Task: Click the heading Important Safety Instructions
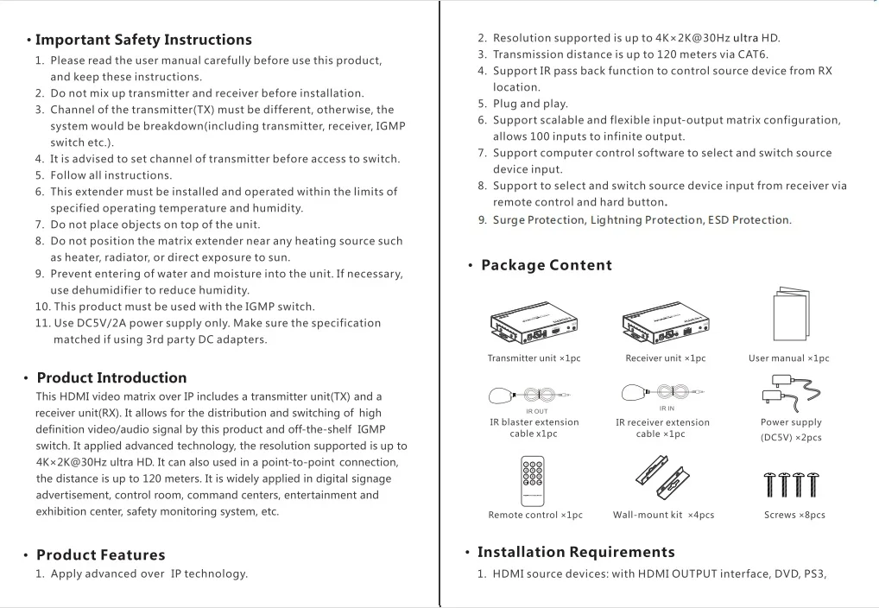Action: [x=143, y=40]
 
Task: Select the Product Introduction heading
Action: [x=111, y=377]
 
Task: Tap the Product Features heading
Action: [x=100, y=554]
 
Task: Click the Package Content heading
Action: [x=546, y=265]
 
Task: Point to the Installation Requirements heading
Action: [x=576, y=552]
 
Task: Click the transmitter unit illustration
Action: [x=532, y=321]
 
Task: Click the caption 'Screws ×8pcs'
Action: [x=794, y=515]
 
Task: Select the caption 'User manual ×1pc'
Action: [x=788, y=358]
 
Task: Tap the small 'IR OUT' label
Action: [x=536, y=411]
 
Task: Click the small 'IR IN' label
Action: [x=667, y=408]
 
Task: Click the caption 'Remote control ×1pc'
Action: [x=535, y=515]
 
